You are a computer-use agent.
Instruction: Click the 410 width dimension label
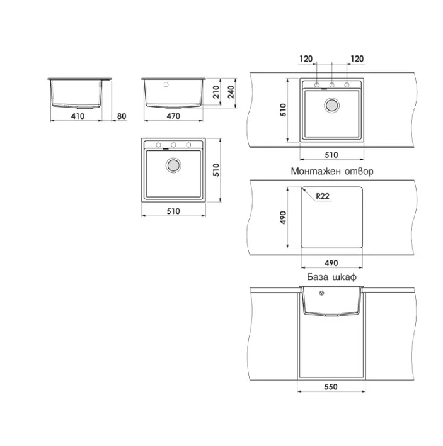click(78, 116)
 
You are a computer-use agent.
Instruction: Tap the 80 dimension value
click(122, 116)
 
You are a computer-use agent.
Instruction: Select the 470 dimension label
click(173, 116)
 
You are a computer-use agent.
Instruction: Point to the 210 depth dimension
click(216, 92)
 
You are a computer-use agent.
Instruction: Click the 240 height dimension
click(231, 92)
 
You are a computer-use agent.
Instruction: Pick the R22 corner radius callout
click(323, 196)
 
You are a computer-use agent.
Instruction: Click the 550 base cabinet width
click(331, 387)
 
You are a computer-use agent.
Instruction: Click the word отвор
click(359, 171)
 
